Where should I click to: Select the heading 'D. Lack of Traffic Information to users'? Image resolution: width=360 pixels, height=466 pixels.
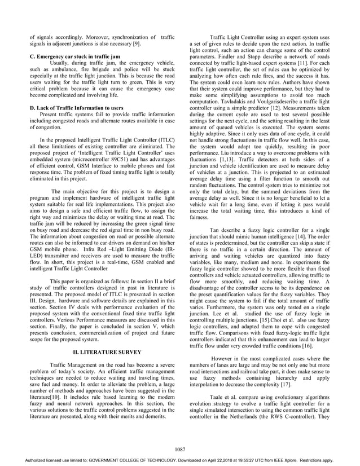pos(77,107)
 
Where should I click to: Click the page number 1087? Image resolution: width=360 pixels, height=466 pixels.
pos(180,449)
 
